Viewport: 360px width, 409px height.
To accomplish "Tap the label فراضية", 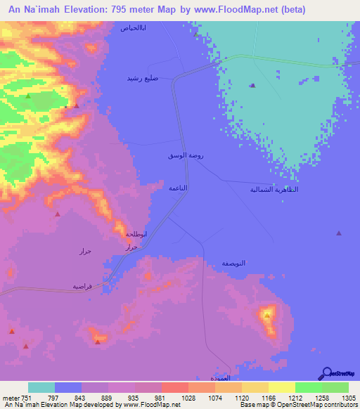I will tap(82, 286).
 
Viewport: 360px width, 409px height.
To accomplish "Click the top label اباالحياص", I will tap(134, 28).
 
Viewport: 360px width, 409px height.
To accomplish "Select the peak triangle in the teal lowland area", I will tap(252, 86).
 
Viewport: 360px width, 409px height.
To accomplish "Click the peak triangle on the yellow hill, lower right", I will tap(267, 315).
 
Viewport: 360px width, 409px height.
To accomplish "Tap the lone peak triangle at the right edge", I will tap(339, 233).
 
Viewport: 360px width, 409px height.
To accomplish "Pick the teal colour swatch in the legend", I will tap(41, 387).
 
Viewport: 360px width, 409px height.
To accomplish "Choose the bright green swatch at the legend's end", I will tap(335, 387).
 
